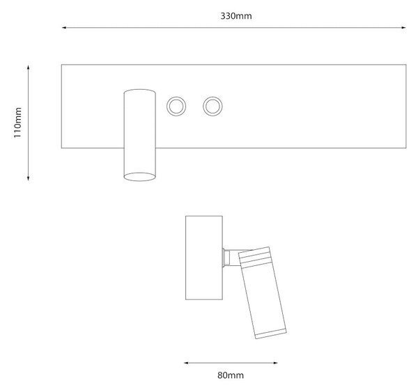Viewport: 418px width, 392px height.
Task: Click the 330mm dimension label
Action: [x=236, y=16]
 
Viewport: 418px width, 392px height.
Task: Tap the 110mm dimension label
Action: [x=17, y=123]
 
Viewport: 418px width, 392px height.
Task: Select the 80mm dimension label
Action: [x=231, y=375]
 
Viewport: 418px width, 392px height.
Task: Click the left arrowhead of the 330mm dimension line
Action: [x=64, y=27]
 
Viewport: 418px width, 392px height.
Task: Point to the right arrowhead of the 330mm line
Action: [x=403, y=27]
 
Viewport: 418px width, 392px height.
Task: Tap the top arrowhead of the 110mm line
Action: [x=28, y=68]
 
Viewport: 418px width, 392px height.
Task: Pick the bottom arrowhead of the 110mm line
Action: [x=28, y=178]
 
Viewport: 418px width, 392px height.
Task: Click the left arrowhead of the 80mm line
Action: [x=187, y=363]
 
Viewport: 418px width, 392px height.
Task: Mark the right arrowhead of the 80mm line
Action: [x=275, y=363]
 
